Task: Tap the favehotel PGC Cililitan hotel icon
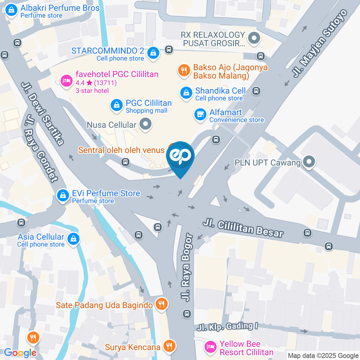[66, 80]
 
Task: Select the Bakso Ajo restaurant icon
[184, 70]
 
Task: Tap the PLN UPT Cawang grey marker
[309, 162]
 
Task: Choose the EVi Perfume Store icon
[62, 195]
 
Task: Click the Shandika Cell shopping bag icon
[186, 93]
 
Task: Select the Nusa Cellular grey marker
[145, 124]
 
